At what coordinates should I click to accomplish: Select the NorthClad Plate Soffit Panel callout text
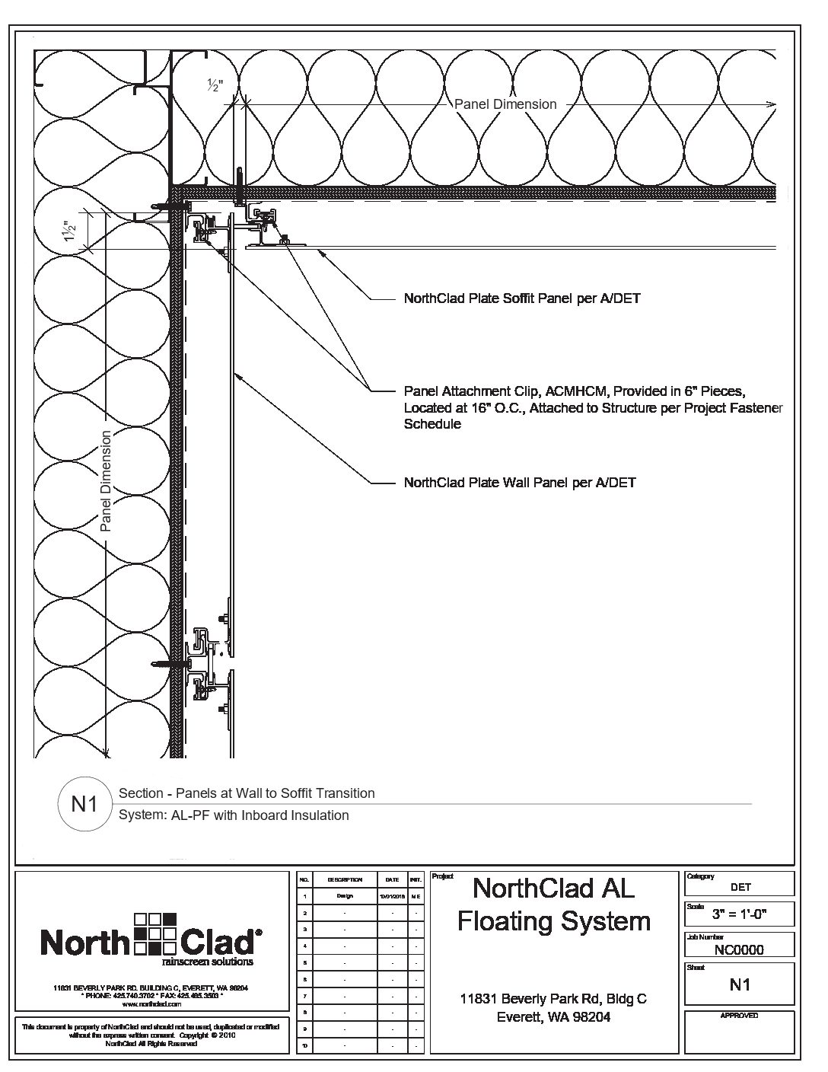521,298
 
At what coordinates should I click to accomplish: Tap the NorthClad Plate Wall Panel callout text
519,483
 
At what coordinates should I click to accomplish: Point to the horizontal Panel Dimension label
505,104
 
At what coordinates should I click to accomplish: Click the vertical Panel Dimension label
106,480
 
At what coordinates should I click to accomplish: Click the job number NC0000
739,949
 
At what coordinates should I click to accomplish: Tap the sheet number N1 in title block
740,984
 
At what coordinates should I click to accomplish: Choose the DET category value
740,887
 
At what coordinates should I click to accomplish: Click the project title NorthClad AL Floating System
553,904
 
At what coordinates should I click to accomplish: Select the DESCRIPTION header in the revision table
345,879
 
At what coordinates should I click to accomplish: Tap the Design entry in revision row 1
345,896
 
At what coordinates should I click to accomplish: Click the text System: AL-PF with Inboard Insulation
234,815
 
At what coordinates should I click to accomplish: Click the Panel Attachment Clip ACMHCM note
593,407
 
